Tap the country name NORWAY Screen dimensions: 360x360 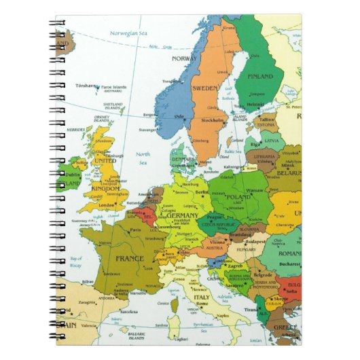pos(185,58)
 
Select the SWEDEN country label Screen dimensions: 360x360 pos(205,88)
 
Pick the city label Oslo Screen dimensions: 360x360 pos(179,116)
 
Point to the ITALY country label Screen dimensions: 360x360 pos(202,298)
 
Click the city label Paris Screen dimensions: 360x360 pos(136,230)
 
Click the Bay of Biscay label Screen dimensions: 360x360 pos(75,261)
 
